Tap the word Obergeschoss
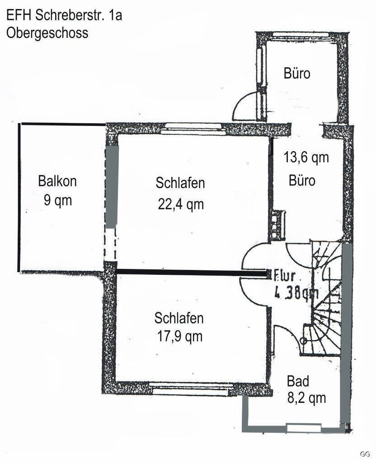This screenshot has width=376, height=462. click(x=47, y=33)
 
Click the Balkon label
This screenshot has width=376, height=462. click(x=57, y=181)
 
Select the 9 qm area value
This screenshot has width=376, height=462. click(x=57, y=199)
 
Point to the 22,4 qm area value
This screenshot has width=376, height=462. click(x=181, y=204)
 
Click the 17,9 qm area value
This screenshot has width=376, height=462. click(x=179, y=336)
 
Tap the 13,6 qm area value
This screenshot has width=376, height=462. click(x=306, y=157)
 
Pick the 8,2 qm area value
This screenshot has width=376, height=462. click(x=306, y=398)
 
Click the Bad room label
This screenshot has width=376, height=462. click(x=298, y=381)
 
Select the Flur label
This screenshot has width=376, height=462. click(x=286, y=275)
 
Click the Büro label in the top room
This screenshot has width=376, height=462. click(x=297, y=73)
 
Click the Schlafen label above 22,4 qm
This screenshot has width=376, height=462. click(x=180, y=183)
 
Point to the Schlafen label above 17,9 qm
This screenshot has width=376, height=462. click(x=179, y=318)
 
